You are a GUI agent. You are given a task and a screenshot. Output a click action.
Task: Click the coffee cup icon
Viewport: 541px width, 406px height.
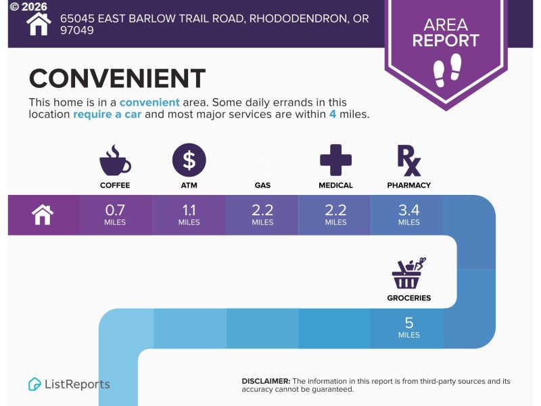pos(115,160)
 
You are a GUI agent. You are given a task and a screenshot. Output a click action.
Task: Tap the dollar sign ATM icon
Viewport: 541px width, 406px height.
pos(189,160)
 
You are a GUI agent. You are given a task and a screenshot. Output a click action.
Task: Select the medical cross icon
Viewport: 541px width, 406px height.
pos(335,160)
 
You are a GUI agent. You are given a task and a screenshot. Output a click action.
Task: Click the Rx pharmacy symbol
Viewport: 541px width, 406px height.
pos(409,160)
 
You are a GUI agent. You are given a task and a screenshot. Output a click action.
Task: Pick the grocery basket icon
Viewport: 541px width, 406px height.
pos(408,273)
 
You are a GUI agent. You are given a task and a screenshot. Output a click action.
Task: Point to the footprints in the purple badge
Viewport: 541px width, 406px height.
pos(448,70)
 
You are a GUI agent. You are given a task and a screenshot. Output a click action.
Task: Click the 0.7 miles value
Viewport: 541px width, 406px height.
pos(115,215)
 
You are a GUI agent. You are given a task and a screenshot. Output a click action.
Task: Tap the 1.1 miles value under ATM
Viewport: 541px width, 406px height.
pos(189,215)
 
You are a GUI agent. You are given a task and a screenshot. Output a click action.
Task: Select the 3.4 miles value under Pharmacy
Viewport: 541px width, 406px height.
pos(409,215)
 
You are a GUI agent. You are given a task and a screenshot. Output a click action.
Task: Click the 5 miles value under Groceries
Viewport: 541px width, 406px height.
pos(409,328)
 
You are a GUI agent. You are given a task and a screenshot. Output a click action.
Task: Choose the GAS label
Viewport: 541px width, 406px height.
pos(262,185)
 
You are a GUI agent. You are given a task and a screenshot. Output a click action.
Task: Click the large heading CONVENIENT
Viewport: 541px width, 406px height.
pos(117,78)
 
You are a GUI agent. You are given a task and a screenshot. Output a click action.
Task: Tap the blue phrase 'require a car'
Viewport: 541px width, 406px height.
pos(108,114)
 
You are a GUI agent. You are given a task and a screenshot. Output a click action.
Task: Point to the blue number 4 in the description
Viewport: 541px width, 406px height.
pos(333,114)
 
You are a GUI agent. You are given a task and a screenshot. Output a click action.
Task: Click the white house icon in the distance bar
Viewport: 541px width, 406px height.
pos(43,215)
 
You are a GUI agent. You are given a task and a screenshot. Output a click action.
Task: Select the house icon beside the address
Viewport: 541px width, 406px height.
pos(39,24)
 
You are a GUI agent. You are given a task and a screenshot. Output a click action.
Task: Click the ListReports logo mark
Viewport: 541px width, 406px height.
pos(34,384)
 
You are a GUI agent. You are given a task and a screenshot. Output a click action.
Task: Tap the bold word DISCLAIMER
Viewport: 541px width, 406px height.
pos(266,381)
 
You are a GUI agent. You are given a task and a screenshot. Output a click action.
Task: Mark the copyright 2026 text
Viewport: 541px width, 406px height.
pos(28,6)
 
